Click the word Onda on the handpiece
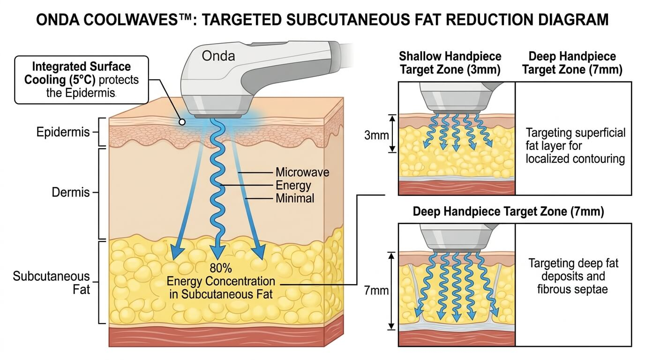[x=218, y=56]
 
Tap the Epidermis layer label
[x=63, y=132]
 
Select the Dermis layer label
[x=70, y=192]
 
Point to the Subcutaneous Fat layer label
[x=52, y=283]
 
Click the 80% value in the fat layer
[x=221, y=268]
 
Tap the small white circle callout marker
[x=182, y=122]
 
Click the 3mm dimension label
[x=376, y=135]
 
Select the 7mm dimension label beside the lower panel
[x=376, y=291]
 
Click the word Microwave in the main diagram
[x=302, y=172]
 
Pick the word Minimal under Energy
[x=295, y=198]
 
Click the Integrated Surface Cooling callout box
[x=82, y=80]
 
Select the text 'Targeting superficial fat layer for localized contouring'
[x=575, y=146]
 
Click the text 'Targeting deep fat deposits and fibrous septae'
[x=573, y=276]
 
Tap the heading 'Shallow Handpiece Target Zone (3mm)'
[x=450, y=63]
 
